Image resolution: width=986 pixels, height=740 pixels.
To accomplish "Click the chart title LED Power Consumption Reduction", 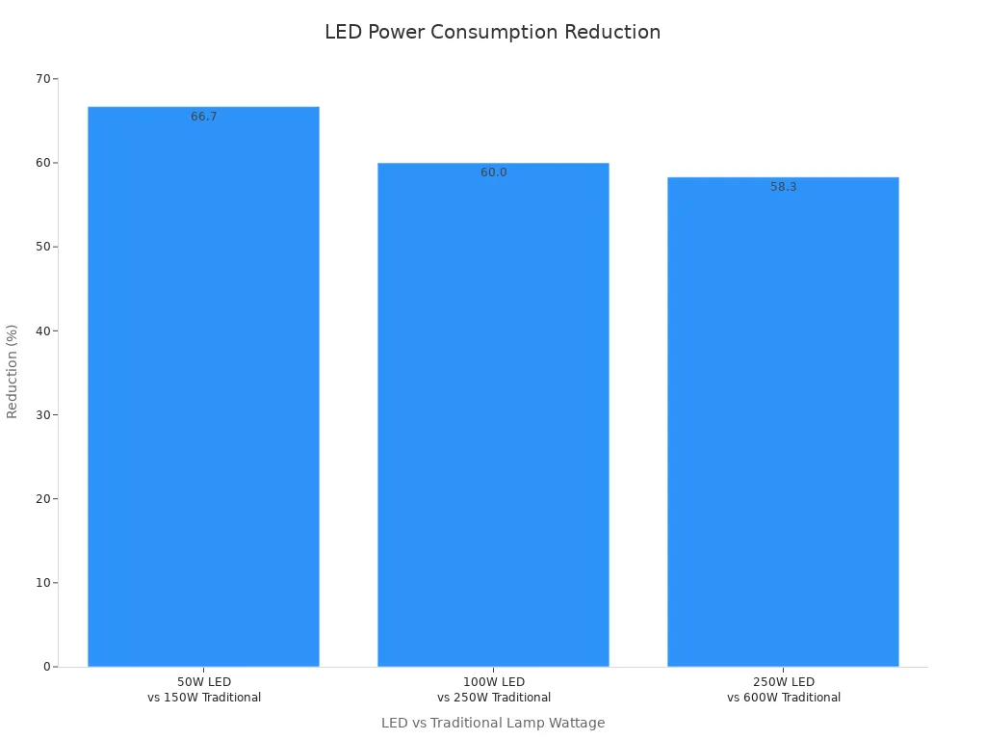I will (x=492, y=32).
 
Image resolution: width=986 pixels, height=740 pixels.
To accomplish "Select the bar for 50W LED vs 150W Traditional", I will (x=203, y=385).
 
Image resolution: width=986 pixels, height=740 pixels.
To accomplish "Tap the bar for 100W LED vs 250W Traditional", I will (x=493, y=414).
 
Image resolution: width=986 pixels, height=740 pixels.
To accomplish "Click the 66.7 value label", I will (x=203, y=117).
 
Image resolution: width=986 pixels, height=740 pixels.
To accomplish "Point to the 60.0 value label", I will (x=493, y=172).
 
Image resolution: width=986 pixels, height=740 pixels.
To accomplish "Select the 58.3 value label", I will (x=783, y=187).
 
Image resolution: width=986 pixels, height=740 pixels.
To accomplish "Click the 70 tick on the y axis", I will (x=43, y=78).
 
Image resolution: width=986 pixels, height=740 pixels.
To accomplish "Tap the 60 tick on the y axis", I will (x=43, y=163).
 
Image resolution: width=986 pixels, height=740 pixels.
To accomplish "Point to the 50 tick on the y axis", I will (x=43, y=247).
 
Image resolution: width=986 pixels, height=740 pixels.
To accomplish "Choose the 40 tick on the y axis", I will (x=43, y=330).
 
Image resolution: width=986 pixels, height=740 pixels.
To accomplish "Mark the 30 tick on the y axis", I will (x=43, y=414).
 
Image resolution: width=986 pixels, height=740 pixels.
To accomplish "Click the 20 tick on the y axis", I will (x=43, y=498).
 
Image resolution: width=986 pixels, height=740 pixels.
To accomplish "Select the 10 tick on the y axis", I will (x=43, y=582).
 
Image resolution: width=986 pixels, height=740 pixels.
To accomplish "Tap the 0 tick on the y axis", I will (x=46, y=667).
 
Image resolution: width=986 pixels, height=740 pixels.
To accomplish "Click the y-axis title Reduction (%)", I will (x=13, y=371).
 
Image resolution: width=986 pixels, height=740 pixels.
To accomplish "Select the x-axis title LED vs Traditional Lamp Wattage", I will (x=492, y=723).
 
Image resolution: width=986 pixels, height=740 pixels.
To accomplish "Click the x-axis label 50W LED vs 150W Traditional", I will (x=203, y=690).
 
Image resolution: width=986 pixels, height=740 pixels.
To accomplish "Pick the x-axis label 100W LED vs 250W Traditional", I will (x=493, y=690).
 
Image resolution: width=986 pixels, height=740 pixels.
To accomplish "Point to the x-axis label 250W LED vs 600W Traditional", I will (x=783, y=690).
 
